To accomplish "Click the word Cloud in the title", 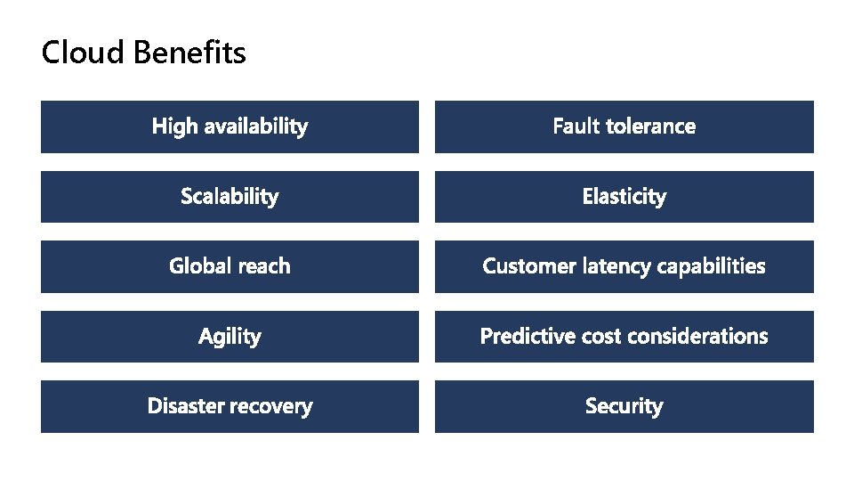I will coord(84,53).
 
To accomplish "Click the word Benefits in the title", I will coord(189,53).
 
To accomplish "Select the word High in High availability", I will coord(174,126).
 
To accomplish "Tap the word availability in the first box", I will coord(255,126).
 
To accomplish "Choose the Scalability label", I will coord(230,196).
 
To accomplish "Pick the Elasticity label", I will coord(624,196).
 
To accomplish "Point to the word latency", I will coord(617,266).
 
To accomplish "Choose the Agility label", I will coord(230,337).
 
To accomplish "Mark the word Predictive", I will coord(528,336).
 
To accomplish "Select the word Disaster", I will coord(185,406).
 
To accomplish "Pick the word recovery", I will coord(271,406).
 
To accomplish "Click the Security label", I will coord(624,406).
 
